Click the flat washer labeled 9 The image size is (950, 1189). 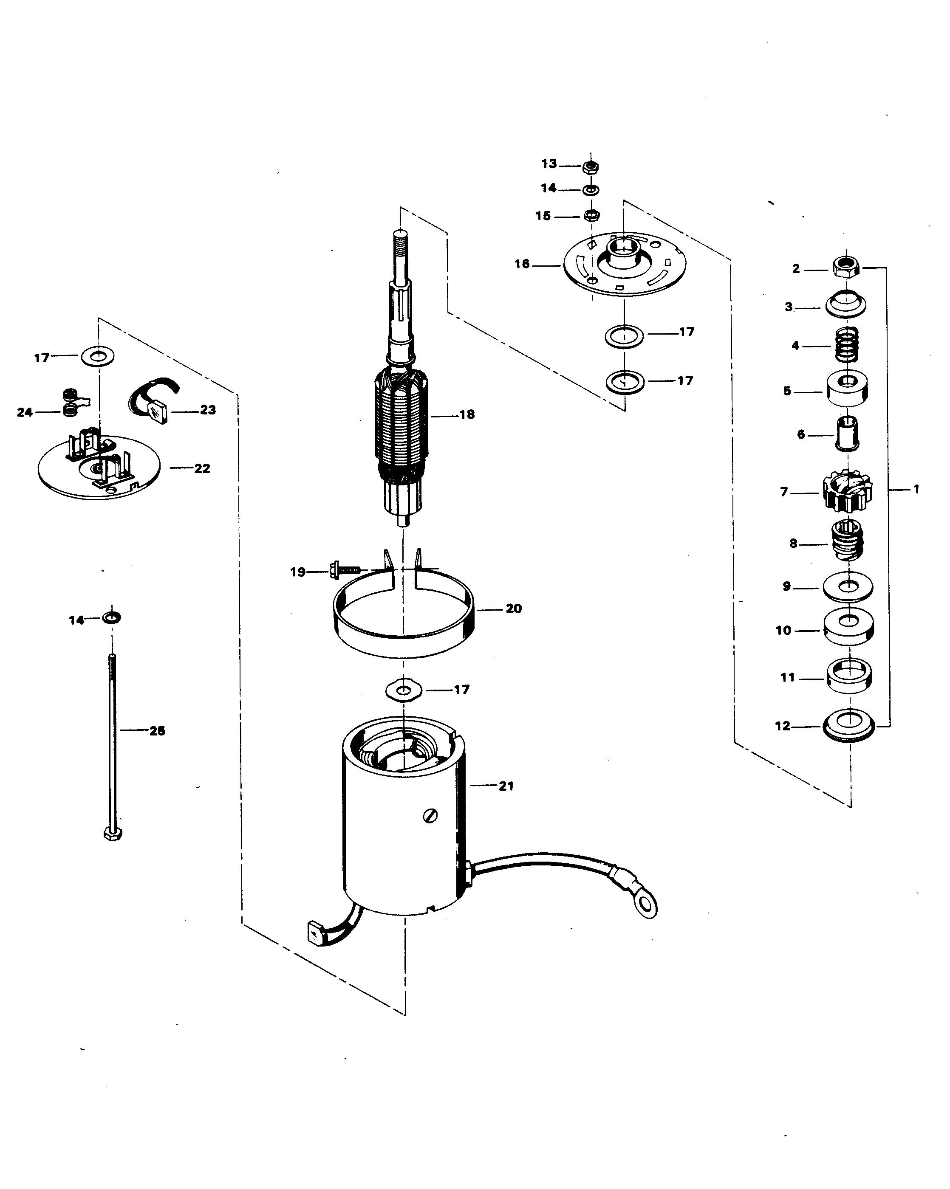(847, 586)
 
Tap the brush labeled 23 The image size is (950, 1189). (159, 411)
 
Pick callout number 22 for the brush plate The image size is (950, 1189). (202, 468)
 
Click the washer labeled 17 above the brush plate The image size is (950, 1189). (98, 356)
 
